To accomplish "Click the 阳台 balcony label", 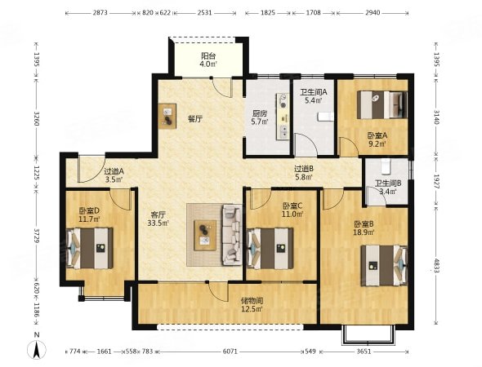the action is pyautogui.click(x=208, y=55).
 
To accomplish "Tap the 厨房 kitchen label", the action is pyautogui.click(x=260, y=113).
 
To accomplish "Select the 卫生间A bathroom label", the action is pyautogui.click(x=313, y=91).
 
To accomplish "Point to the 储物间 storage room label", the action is pyautogui.click(x=252, y=301).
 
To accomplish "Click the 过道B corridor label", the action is pyautogui.click(x=304, y=169).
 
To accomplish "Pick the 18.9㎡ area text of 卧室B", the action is pyautogui.click(x=364, y=232).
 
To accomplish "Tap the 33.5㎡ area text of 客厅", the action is pyautogui.click(x=158, y=223).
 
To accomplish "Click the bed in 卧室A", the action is pyautogui.click(x=382, y=104).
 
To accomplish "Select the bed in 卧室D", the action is pyautogui.click(x=90, y=248).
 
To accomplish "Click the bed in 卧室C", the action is pyautogui.click(x=270, y=248).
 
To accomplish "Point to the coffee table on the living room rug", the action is pyautogui.click(x=205, y=236).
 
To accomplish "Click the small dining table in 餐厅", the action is pyautogui.click(x=167, y=116).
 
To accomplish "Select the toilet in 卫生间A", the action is pyautogui.click(x=325, y=117).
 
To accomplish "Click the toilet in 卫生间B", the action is pyautogui.click(x=385, y=166).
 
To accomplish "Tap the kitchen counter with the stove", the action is pyautogui.click(x=283, y=117).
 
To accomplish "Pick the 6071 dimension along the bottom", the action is pyautogui.click(x=230, y=352).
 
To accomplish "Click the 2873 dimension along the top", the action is pyautogui.click(x=100, y=13).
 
